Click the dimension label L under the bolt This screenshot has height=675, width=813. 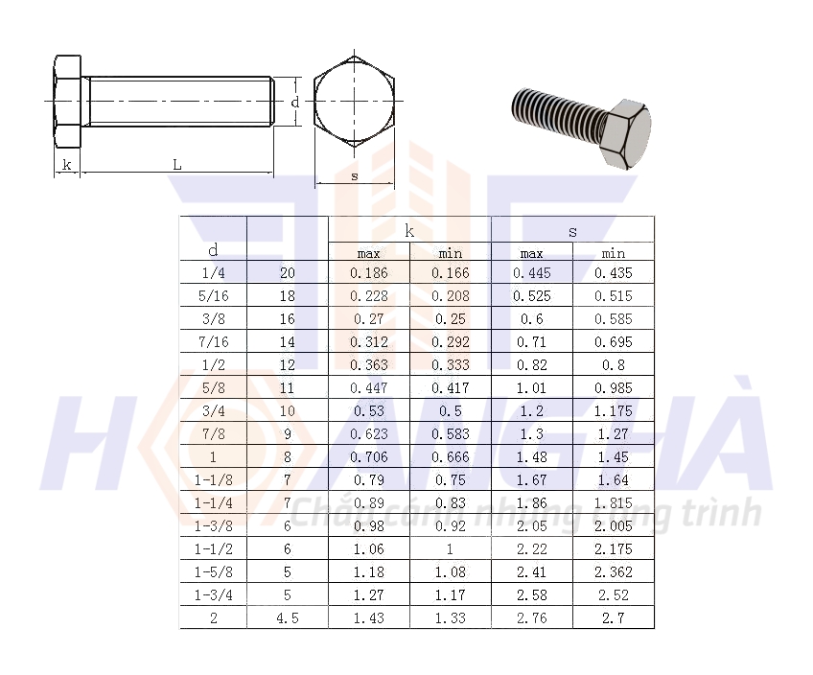177,165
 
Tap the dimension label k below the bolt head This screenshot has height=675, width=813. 67,165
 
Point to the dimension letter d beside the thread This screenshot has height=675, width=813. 295,103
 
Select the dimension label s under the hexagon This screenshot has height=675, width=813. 355,176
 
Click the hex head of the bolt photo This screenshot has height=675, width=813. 626,133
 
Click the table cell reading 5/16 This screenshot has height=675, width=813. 213,296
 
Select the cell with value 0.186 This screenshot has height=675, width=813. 369,273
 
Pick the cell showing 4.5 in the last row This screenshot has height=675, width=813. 288,618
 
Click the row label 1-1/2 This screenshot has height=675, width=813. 213,549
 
